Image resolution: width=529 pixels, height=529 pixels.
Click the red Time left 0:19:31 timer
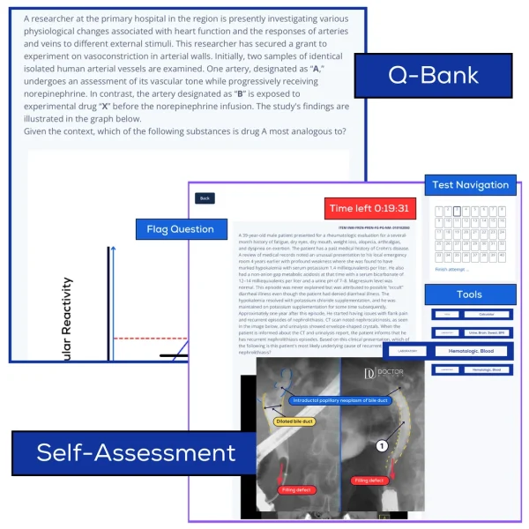pyautogui.click(x=369, y=209)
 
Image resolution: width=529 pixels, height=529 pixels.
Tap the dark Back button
pyautogui.click(x=205, y=198)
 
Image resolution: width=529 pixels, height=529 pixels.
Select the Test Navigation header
pyautogui.click(x=470, y=185)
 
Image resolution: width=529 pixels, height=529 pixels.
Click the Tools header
pyautogui.click(x=469, y=294)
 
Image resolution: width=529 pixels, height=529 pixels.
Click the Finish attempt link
pyautogui.click(x=451, y=269)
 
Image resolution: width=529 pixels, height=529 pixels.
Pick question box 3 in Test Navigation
pyautogui.click(x=456, y=211)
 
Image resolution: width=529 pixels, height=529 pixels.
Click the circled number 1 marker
pyautogui.click(x=382, y=446)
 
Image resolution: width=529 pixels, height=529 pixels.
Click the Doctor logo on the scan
pyautogui.click(x=388, y=373)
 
